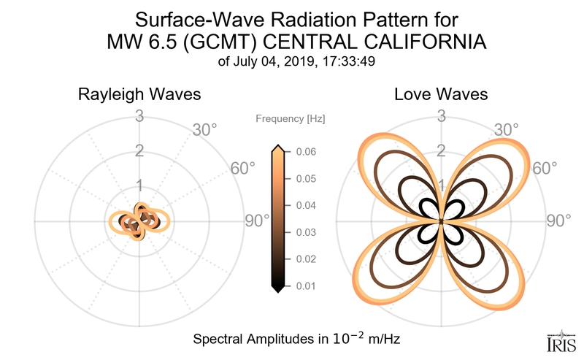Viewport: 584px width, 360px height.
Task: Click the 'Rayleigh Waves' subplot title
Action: pos(139,95)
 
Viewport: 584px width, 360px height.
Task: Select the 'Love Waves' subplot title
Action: pos(441,95)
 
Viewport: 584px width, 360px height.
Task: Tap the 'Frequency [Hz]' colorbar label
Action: pos(291,118)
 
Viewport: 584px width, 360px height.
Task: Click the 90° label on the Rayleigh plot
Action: pos(256,221)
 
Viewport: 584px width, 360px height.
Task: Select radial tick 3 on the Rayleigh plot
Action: pos(139,116)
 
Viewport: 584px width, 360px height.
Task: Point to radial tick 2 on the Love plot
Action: pos(442,151)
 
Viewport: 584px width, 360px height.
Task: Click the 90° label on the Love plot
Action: pos(559,221)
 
